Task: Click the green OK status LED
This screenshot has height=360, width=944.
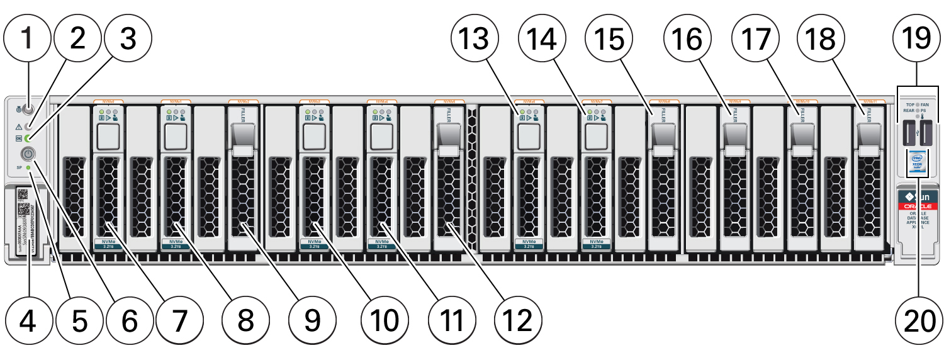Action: click(x=28, y=137)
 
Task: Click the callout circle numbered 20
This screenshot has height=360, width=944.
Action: click(x=919, y=322)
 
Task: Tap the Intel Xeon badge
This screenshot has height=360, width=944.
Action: click(x=919, y=162)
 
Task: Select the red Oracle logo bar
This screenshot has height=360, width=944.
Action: click(x=919, y=205)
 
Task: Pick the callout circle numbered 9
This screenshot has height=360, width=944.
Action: click(x=312, y=322)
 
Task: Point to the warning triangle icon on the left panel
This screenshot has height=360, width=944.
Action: click(x=19, y=126)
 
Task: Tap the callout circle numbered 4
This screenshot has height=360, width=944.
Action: click(x=27, y=322)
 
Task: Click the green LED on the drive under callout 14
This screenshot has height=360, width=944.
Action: click(x=590, y=112)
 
